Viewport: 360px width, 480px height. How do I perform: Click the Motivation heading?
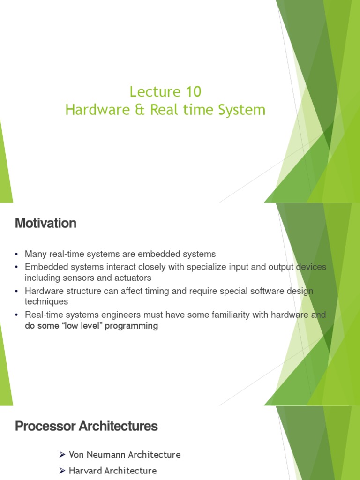(45, 224)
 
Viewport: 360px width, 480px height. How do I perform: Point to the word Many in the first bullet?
(35, 254)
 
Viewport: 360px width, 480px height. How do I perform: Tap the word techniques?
(46, 301)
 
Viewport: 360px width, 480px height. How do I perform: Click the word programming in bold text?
(131, 326)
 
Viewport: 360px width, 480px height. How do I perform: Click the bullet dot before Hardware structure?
(16, 291)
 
